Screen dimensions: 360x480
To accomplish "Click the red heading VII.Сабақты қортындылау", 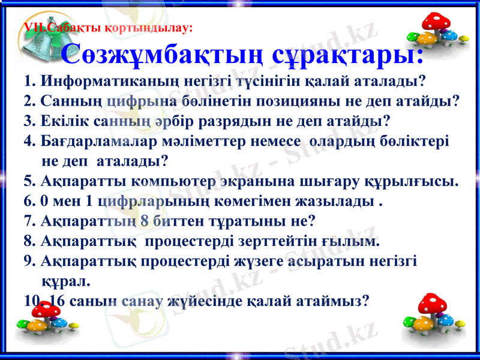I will coord(107,27).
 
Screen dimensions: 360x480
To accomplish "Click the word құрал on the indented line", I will coord(66,281).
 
